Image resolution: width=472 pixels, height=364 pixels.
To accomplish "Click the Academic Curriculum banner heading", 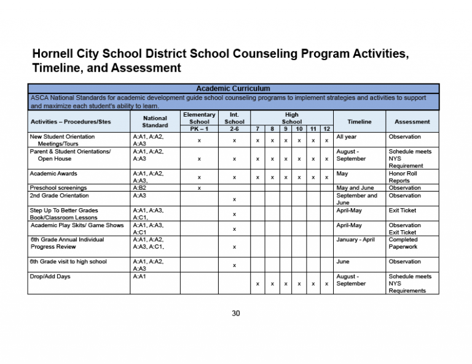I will click(233, 88).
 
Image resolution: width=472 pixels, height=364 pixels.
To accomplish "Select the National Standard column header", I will click(154, 122).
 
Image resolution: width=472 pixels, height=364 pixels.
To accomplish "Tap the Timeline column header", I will click(359, 122).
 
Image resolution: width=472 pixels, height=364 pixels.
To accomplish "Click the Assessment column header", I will click(412, 122).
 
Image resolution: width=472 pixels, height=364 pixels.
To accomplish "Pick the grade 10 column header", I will click(299, 129).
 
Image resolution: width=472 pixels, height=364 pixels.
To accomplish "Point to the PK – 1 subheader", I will click(199, 129).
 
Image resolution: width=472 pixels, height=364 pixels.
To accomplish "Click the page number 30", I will click(235, 314).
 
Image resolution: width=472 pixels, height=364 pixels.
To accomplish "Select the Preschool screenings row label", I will click(58, 188).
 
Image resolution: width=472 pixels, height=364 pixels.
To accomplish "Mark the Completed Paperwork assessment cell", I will click(404, 243).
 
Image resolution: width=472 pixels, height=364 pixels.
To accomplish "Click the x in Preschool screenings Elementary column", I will click(199, 188).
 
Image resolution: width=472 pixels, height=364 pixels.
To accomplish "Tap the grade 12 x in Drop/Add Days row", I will click(326, 284).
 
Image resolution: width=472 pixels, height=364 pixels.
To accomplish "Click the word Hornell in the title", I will click(56, 53).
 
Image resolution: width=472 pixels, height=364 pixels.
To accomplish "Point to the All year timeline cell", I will click(347, 137).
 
